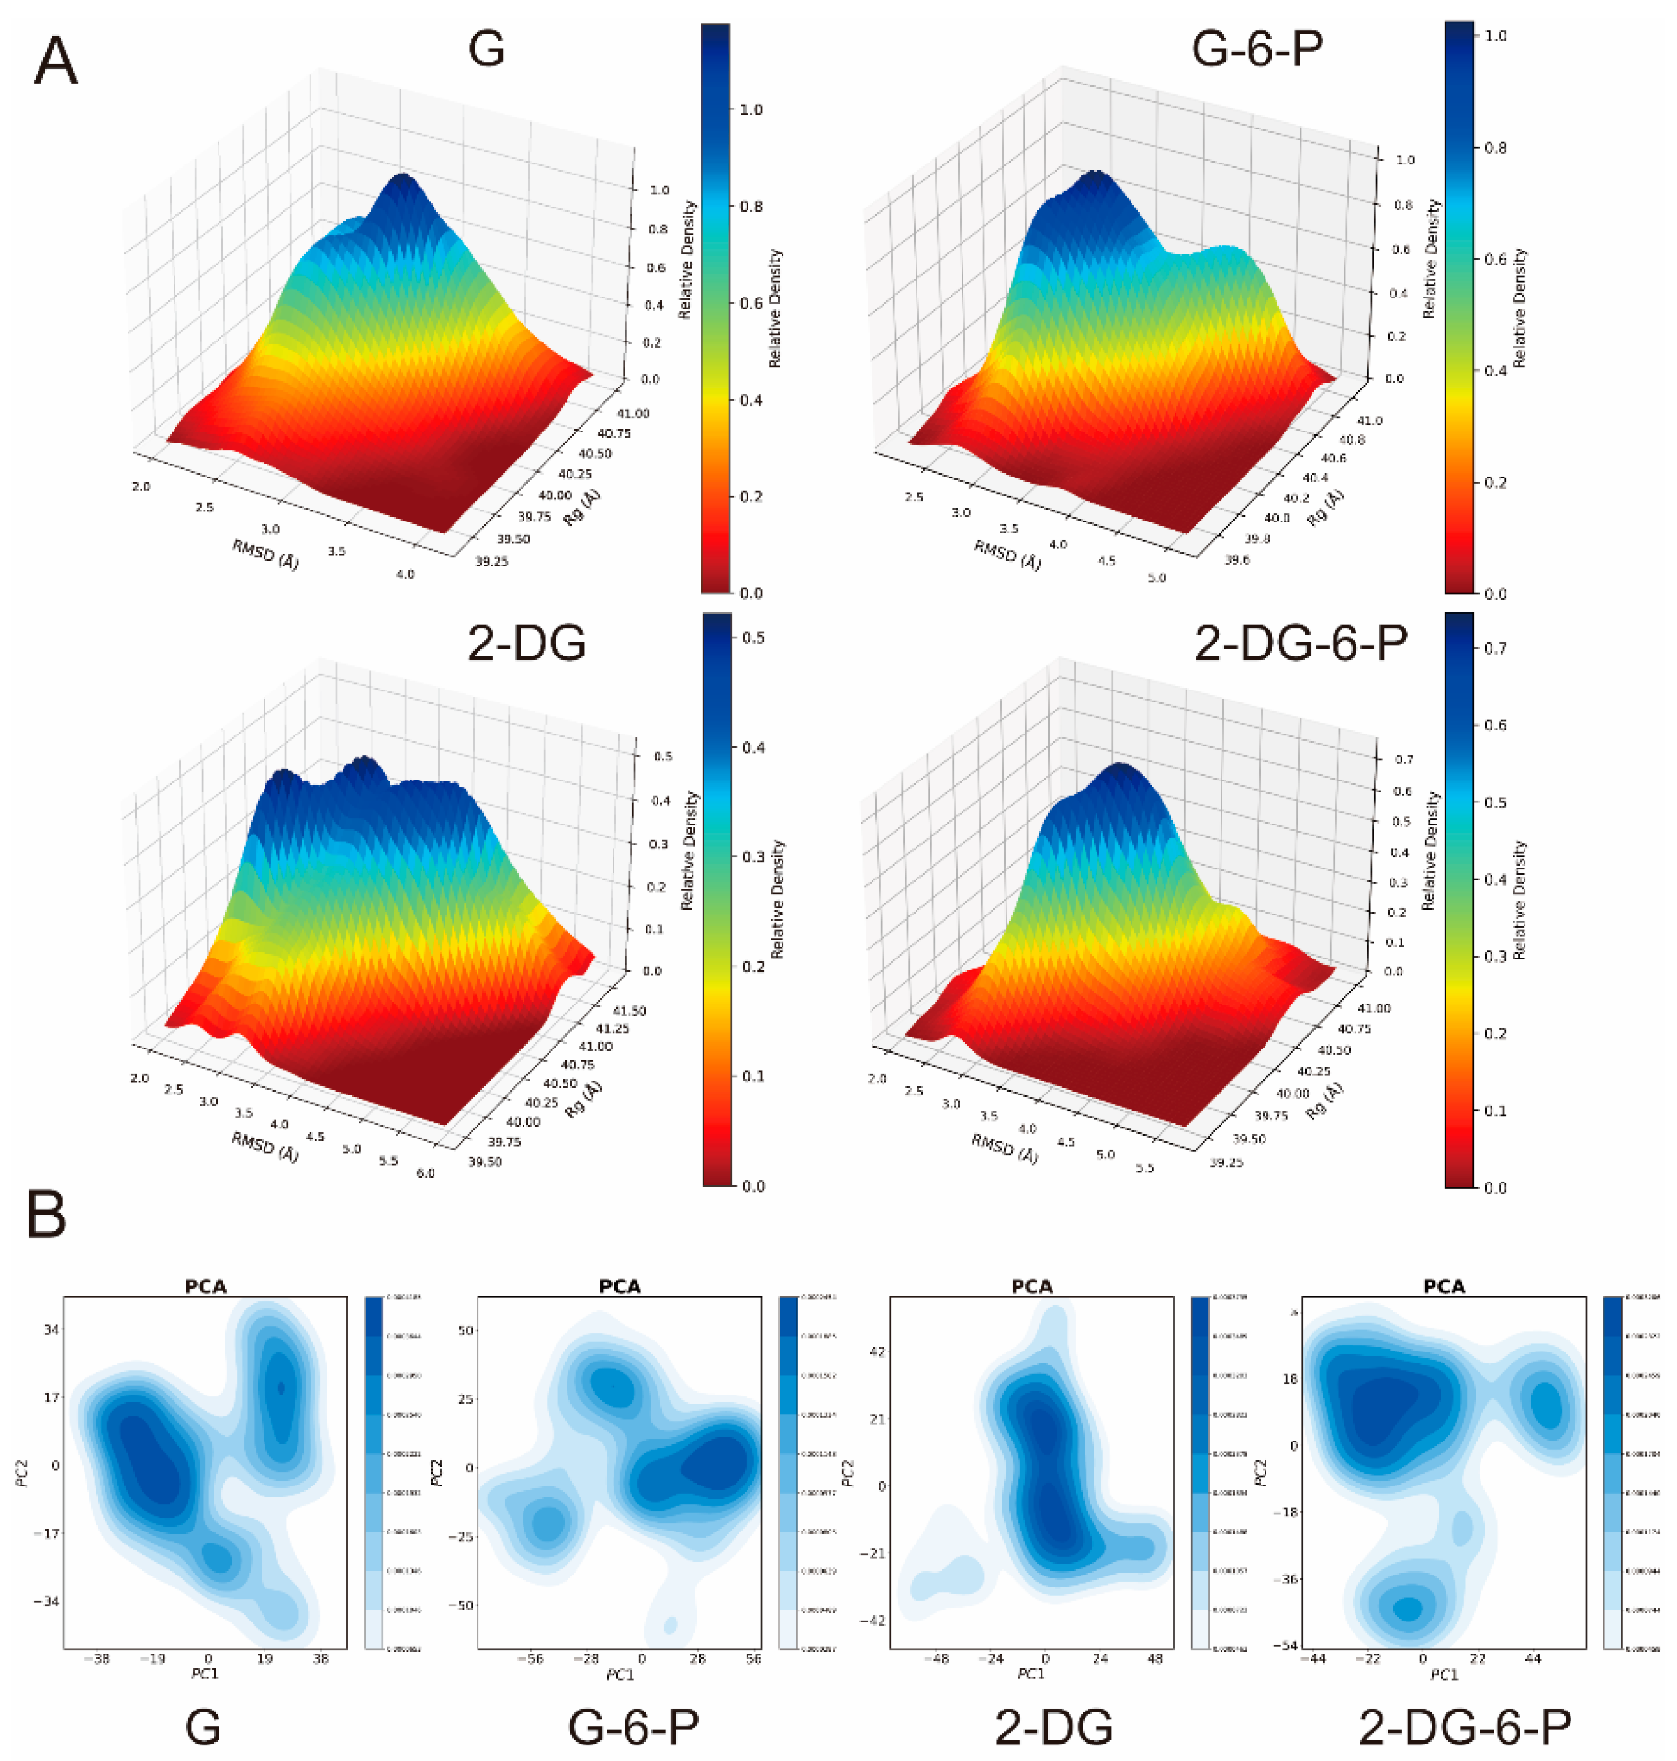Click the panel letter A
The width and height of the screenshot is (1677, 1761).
coord(56,63)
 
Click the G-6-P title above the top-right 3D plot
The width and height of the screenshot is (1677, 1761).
coord(1257,49)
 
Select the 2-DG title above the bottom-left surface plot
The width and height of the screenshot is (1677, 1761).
coord(526,643)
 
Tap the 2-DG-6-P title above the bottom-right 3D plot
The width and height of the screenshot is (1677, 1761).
coord(1301,641)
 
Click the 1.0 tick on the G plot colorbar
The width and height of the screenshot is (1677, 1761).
coord(751,110)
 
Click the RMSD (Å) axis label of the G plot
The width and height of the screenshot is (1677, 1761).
coord(265,554)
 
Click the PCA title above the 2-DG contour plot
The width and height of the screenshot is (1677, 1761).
coord(1031,1286)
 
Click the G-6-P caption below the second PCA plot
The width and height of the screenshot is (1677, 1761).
coord(634,1727)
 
